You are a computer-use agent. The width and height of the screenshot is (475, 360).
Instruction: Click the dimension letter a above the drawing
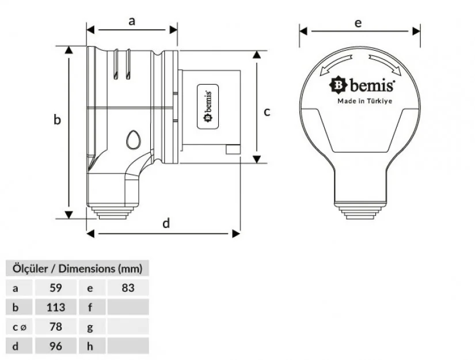coord(132,21)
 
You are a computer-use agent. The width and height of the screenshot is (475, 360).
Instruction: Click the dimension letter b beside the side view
coord(57,120)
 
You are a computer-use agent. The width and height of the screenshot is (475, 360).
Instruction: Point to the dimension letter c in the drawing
coord(267,112)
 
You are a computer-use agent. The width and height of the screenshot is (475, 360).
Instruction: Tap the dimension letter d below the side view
coord(166,223)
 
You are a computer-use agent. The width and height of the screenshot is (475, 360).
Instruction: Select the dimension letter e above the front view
coord(358,23)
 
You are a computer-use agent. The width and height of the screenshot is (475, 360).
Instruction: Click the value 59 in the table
coord(55,287)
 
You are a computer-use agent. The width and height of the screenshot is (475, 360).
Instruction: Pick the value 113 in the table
coord(55,307)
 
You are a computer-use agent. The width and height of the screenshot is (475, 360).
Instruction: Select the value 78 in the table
coord(55,327)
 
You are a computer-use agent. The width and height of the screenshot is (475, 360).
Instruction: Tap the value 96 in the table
coord(55,346)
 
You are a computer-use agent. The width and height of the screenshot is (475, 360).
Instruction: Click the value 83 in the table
coord(128,287)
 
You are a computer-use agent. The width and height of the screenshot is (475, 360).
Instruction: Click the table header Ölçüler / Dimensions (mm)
coord(77,268)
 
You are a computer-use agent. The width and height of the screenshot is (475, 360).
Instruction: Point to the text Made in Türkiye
coord(364,101)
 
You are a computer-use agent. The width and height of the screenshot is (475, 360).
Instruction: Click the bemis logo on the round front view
coord(362,86)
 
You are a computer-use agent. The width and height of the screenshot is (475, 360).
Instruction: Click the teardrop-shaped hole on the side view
coord(134,139)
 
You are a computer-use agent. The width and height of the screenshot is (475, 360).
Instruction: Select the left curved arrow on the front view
coord(336,64)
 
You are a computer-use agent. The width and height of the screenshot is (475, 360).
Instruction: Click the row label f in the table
coord(90,307)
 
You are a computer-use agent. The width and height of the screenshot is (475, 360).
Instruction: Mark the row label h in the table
coord(90,346)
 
